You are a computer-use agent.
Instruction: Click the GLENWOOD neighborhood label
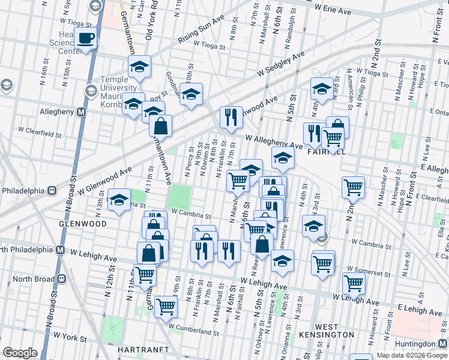coord(83,224)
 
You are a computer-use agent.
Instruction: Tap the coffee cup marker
coord(86,39)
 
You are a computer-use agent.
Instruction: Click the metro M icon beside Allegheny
coord(80,112)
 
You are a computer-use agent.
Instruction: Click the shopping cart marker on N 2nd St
coord(353,187)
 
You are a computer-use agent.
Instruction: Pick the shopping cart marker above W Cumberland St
coord(166,306)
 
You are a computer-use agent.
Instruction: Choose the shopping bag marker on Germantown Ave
coord(160,125)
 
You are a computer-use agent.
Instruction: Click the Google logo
coord(20,353)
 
